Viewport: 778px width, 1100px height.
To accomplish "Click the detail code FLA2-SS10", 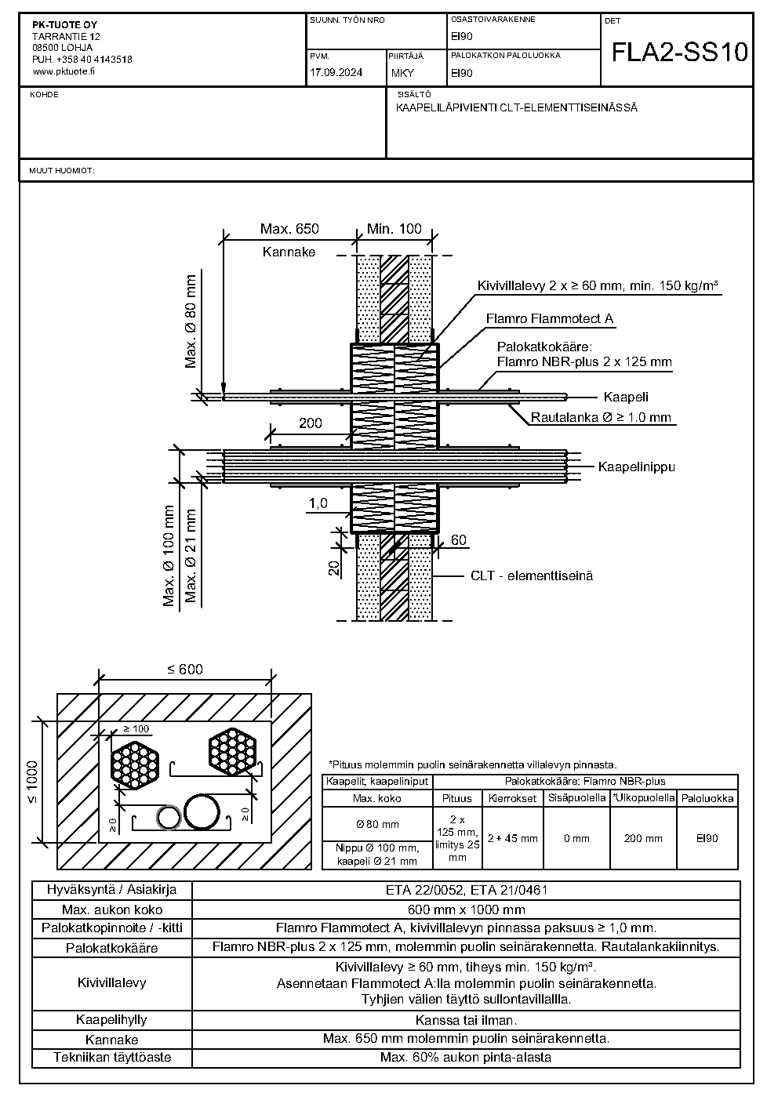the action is [x=679, y=52].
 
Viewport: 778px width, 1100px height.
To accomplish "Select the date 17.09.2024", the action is [x=336, y=73].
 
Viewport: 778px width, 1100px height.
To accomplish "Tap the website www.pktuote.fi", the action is [x=64, y=71].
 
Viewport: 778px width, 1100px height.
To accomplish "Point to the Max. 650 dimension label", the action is [x=289, y=229].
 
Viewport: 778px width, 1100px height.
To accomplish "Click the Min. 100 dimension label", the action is [x=394, y=229].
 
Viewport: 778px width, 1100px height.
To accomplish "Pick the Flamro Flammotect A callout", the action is [x=550, y=318].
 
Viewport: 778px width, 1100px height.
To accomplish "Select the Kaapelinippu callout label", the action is [x=637, y=467].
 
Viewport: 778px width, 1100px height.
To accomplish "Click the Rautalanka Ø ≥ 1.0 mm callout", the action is [x=601, y=417].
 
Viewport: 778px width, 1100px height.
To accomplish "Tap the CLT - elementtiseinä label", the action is [x=532, y=575].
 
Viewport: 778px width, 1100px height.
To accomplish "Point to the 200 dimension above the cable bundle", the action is [x=311, y=423].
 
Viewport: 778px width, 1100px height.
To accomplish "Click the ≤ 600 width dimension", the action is [x=184, y=670].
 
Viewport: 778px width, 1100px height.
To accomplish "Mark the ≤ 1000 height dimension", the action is [x=32, y=782].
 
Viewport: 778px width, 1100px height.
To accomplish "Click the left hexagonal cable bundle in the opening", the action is [x=135, y=764].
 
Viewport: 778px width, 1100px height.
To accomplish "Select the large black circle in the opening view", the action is [x=202, y=811].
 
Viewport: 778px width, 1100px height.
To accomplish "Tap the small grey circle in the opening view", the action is [x=169, y=818].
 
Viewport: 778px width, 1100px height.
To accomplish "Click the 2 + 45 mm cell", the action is [x=512, y=838].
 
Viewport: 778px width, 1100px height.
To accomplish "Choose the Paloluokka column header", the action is [x=707, y=798].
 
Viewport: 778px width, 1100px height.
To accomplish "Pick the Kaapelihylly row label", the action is [x=111, y=1019].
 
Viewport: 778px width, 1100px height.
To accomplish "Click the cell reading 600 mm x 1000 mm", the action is [x=466, y=910].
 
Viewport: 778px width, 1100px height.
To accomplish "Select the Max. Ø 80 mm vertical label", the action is [x=191, y=321].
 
